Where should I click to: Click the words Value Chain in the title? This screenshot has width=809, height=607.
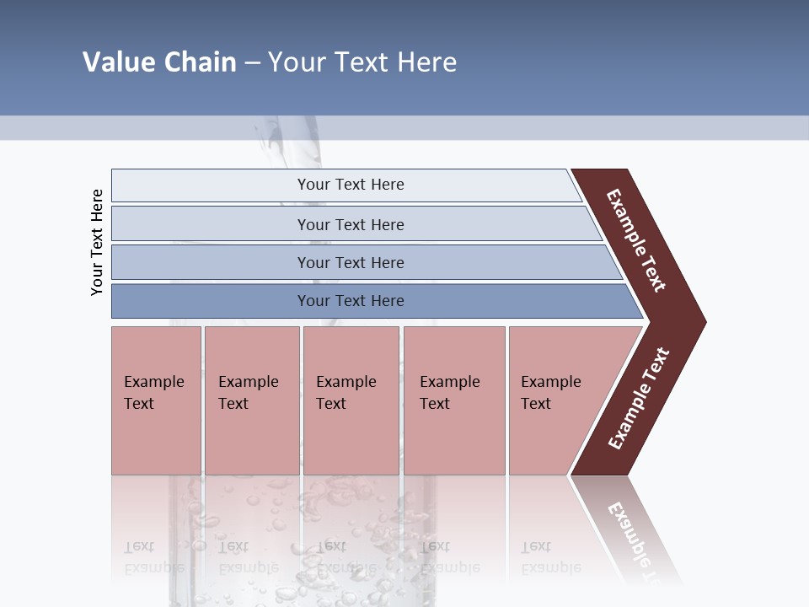(159, 62)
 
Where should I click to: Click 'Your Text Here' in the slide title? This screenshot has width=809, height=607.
(362, 62)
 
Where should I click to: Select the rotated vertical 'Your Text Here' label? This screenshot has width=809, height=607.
(97, 242)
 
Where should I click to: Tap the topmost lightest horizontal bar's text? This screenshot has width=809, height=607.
(351, 185)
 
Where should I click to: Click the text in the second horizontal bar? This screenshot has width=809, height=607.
(351, 224)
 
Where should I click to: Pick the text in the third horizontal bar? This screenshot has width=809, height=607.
(351, 262)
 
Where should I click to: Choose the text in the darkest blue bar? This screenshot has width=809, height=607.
(351, 301)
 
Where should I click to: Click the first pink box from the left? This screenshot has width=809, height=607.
(156, 400)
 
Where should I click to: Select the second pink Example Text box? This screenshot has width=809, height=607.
(251, 400)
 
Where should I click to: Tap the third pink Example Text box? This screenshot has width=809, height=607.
(351, 400)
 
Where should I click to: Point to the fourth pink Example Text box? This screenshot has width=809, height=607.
(453, 400)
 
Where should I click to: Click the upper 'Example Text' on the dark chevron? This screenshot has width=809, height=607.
(636, 240)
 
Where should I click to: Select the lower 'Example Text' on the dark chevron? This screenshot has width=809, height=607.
(639, 399)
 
